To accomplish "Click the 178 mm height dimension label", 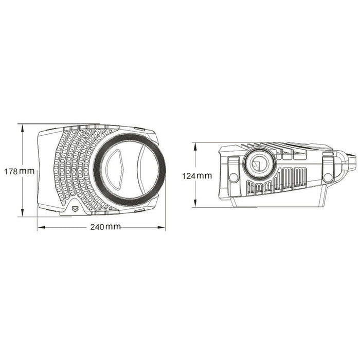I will click(18, 171).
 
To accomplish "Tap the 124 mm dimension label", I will click(197, 175).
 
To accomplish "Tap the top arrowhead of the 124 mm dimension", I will click(195, 147).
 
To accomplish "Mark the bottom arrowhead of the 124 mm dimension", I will click(195, 204).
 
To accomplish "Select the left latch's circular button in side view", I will click(233, 177).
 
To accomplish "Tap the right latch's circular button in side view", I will click(327, 177).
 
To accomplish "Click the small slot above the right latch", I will click(327, 154).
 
